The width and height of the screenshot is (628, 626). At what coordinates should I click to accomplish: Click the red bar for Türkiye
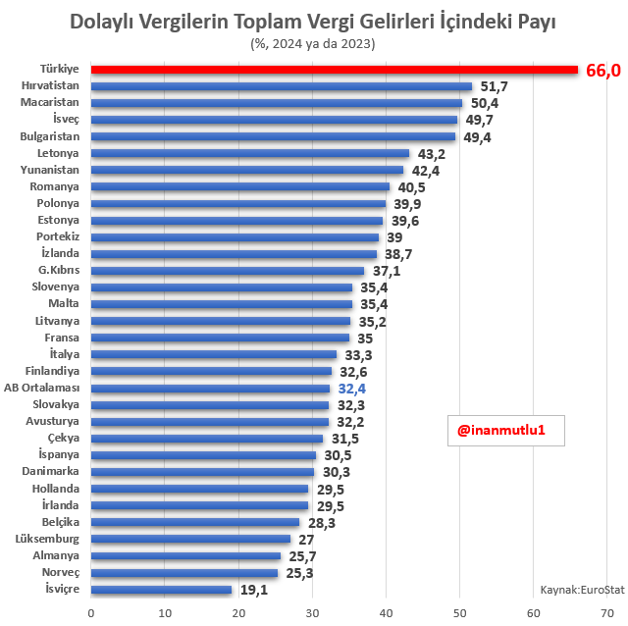[334, 70]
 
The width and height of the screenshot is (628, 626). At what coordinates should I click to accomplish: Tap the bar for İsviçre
[162, 590]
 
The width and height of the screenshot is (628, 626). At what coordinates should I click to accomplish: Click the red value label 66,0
[603, 71]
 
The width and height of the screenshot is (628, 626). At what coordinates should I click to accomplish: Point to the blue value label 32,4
[352, 389]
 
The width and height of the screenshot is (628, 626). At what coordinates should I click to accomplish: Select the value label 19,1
[254, 590]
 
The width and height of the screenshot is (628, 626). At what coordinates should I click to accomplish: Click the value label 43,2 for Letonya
[432, 154]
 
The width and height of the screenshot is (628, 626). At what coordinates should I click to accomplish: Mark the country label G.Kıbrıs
[59, 270]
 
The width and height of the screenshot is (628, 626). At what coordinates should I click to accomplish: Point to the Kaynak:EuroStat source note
[582, 589]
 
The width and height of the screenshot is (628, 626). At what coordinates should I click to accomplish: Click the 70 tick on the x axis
[606, 613]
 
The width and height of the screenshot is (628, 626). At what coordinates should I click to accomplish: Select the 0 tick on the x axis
[91, 613]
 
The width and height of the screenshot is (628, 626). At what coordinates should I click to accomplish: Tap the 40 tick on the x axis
[386, 613]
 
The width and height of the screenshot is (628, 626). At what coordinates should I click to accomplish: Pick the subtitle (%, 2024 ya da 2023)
[313, 43]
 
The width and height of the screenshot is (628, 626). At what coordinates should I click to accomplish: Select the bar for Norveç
[184, 573]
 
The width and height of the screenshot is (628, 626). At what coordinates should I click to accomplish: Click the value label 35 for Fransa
[365, 339]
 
